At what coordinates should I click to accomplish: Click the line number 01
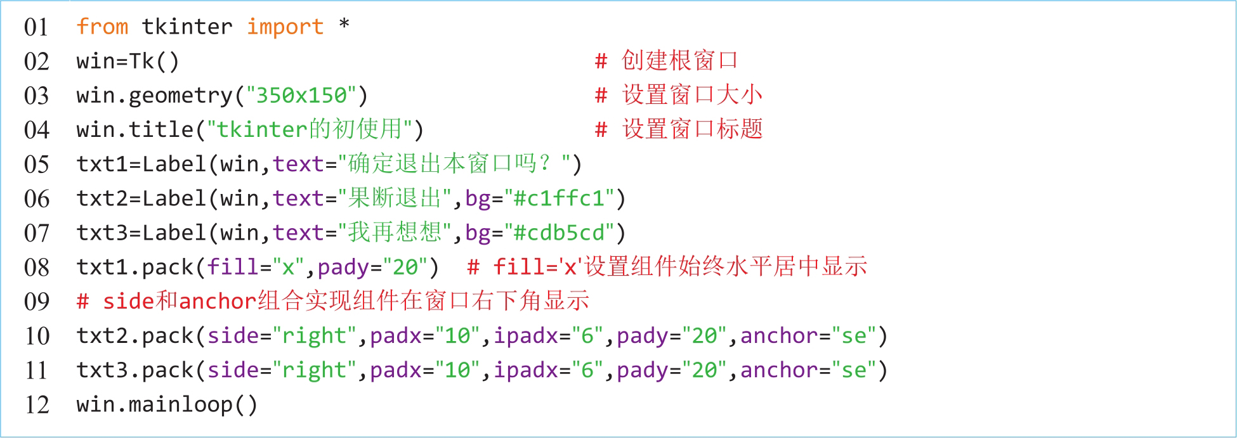(x=36, y=27)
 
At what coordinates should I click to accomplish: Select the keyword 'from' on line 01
(x=102, y=27)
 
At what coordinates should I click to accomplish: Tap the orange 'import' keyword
(x=285, y=27)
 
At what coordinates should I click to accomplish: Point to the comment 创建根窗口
(x=679, y=61)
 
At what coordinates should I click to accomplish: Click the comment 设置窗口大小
(x=692, y=95)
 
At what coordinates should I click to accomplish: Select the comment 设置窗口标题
(x=692, y=129)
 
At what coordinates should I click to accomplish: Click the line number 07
(x=36, y=233)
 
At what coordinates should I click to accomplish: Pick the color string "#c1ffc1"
(x=558, y=198)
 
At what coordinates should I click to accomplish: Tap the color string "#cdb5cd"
(x=558, y=233)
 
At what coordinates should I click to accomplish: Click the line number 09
(x=36, y=301)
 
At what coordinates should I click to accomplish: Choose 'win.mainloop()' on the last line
(x=167, y=404)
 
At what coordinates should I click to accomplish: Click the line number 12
(x=36, y=404)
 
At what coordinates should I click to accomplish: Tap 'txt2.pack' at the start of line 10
(x=134, y=336)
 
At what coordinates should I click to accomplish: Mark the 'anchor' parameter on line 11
(x=779, y=370)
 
